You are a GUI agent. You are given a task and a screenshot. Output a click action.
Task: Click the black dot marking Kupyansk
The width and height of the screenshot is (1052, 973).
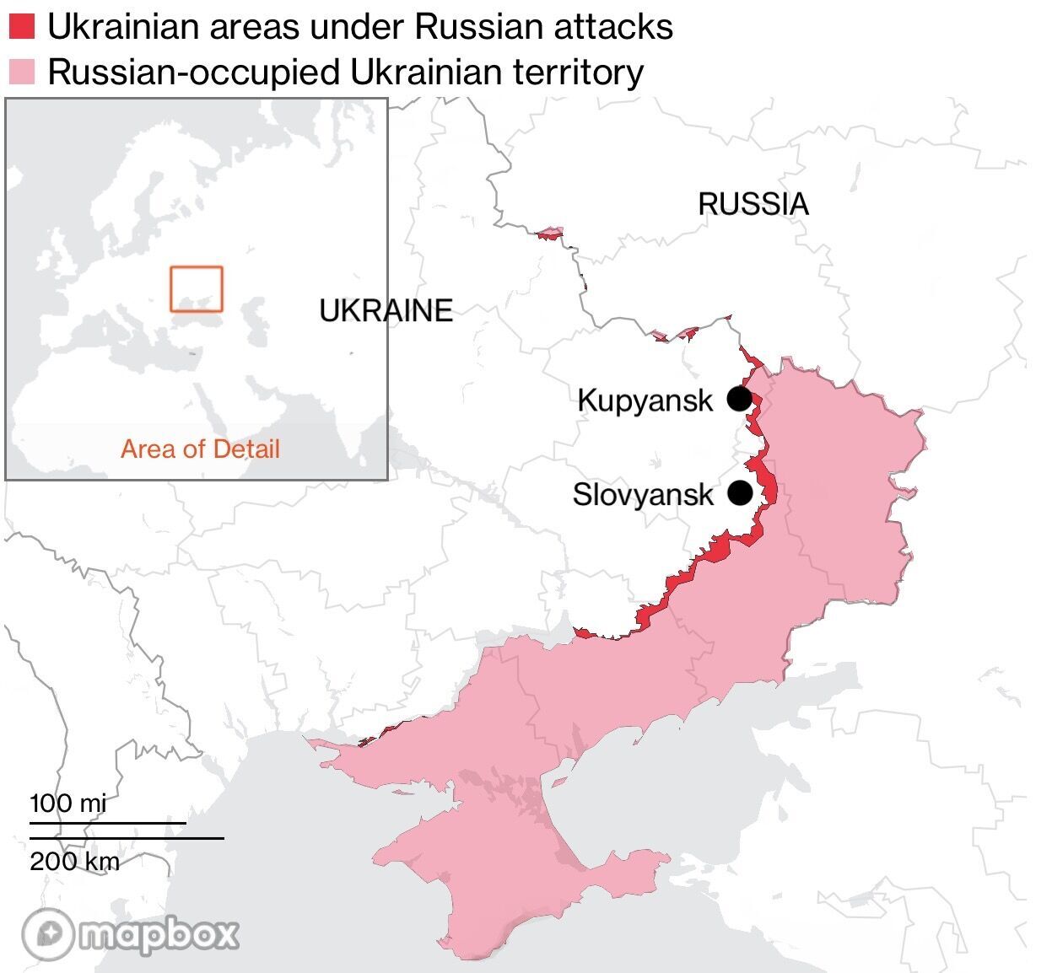point(739,399)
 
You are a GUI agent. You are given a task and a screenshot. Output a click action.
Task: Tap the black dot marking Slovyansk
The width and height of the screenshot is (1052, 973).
point(740,492)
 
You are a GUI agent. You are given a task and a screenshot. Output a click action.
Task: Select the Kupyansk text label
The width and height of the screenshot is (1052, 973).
point(645,400)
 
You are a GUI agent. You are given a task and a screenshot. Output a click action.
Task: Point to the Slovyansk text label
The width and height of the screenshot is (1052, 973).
point(643,494)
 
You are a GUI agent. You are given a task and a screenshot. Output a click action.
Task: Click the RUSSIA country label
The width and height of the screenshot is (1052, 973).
point(753,204)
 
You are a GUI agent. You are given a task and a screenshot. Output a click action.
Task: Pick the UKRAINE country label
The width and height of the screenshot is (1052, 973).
point(386,311)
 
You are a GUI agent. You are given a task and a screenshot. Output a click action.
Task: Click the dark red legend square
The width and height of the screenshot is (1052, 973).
point(21,27)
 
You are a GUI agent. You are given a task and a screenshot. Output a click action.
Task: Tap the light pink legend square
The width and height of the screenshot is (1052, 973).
point(21,72)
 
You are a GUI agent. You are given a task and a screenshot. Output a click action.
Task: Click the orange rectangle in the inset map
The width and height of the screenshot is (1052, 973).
point(197,289)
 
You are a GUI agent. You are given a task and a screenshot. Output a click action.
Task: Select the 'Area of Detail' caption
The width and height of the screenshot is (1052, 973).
point(200,449)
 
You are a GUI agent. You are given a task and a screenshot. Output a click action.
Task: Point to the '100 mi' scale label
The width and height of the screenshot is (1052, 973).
point(68,803)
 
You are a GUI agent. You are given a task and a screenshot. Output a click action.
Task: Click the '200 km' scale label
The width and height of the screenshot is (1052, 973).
point(74,861)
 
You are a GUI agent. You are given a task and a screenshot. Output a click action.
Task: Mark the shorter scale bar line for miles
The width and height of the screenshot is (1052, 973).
point(108,822)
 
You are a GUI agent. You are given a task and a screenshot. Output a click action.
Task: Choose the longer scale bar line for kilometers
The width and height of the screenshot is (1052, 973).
point(127,838)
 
